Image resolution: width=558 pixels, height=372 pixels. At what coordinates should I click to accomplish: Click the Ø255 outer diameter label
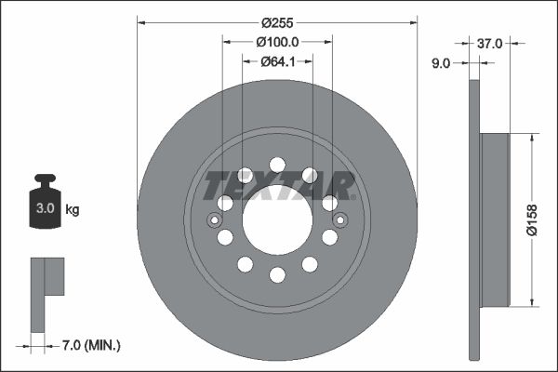click(x=277, y=21)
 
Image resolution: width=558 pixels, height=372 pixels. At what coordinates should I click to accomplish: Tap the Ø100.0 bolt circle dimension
click(x=277, y=41)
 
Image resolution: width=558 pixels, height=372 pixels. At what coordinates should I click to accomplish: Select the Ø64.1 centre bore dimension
click(x=277, y=61)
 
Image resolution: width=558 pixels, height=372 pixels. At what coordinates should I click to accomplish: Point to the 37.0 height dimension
click(x=491, y=43)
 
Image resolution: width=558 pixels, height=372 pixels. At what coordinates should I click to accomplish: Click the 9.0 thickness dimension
click(x=441, y=63)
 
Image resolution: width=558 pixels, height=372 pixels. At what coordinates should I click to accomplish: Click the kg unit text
click(x=73, y=210)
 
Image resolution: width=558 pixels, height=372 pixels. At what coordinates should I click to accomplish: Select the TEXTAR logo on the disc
click(x=277, y=185)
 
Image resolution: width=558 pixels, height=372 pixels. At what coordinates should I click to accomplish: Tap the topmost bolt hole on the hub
click(x=277, y=165)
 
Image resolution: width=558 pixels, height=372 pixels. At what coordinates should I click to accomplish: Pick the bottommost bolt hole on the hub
click(x=277, y=275)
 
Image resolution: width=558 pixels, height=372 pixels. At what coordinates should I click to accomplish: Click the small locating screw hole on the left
click(x=214, y=220)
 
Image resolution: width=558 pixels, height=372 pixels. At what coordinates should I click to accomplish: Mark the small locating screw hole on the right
click(x=340, y=220)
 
